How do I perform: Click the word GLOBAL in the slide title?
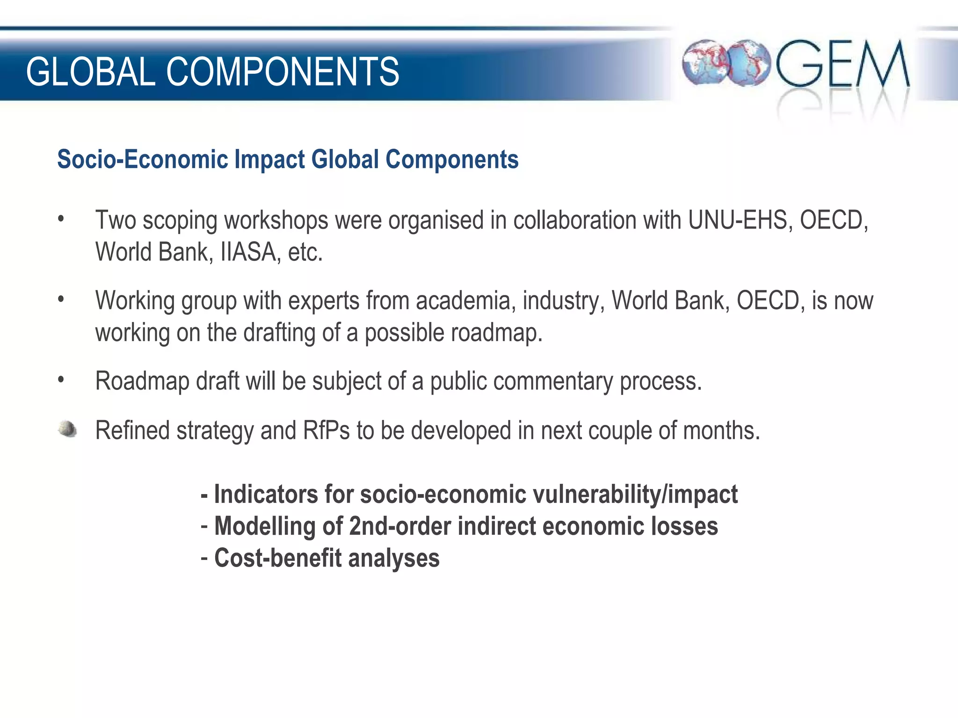[90, 72]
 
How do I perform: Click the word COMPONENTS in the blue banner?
[283, 72]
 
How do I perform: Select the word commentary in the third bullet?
[552, 381]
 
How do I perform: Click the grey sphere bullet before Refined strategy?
[68, 429]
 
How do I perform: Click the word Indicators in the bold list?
[266, 495]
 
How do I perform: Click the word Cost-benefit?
[278, 558]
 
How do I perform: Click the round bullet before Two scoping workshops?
[61, 219]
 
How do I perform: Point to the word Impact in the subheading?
[269, 159]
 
